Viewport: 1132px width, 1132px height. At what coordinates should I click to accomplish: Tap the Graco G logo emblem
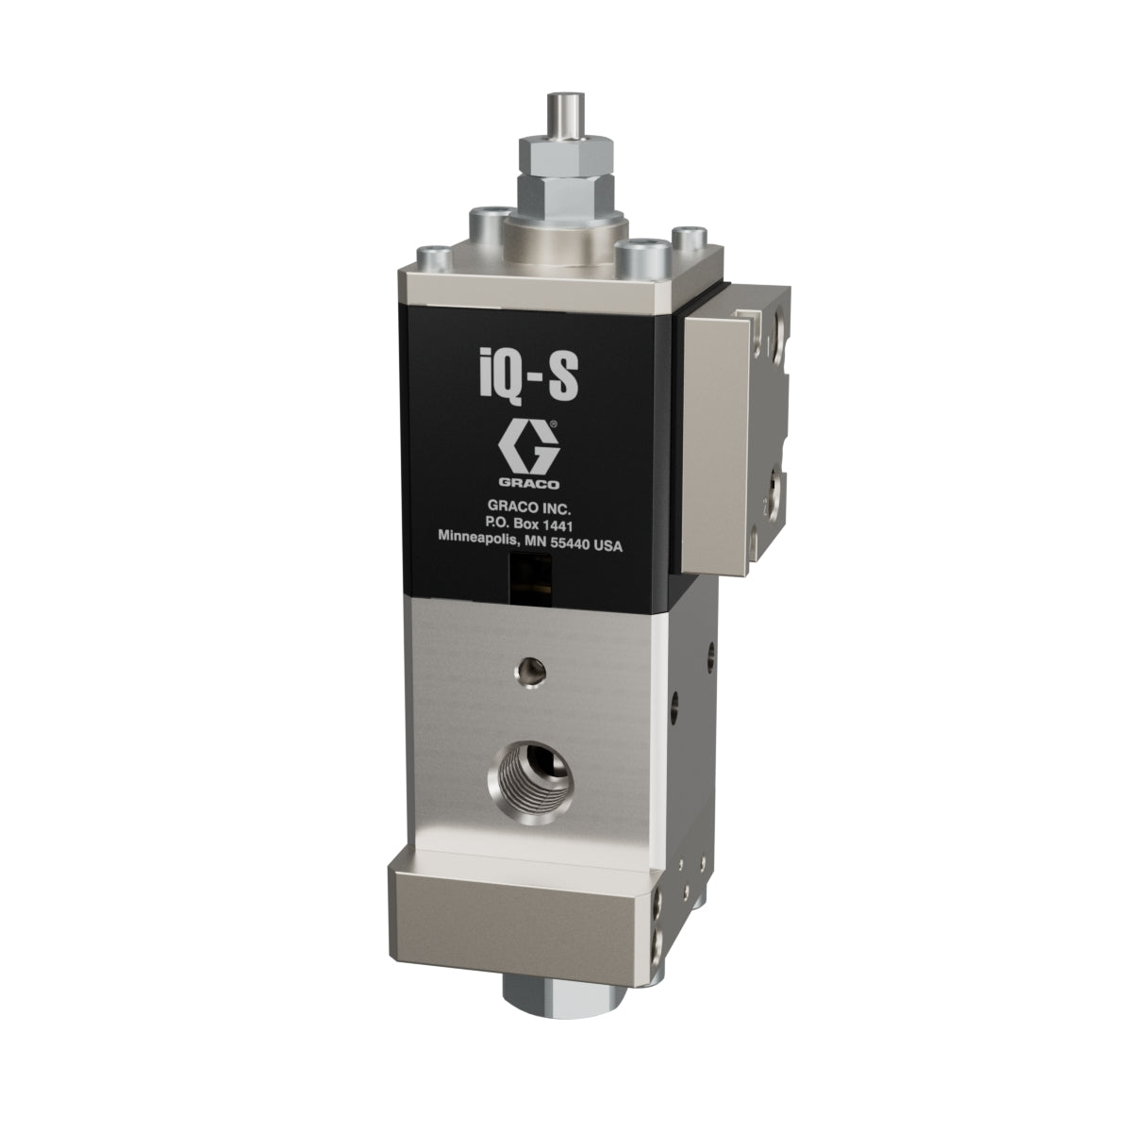pyautogui.click(x=528, y=449)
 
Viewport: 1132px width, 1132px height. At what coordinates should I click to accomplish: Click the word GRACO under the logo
pyautogui.click(x=528, y=484)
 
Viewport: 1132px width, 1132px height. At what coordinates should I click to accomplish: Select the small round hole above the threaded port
pyautogui.click(x=530, y=672)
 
